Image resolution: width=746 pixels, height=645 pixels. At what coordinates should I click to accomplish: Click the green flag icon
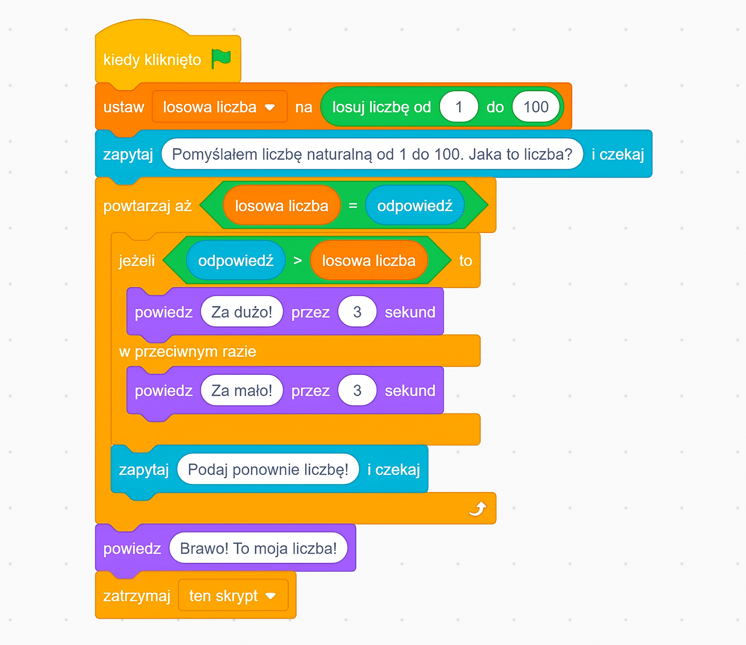(221, 59)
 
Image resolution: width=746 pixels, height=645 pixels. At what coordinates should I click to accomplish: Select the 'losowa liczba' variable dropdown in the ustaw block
(219, 107)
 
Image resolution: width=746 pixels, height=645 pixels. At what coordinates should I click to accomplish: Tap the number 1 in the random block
(459, 107)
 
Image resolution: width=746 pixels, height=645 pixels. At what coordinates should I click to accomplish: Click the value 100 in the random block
(536, 107)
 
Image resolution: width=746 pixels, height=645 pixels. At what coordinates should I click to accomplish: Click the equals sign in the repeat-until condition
(353, 206)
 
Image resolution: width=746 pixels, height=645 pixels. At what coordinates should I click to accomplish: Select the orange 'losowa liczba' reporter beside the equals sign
(282, 206)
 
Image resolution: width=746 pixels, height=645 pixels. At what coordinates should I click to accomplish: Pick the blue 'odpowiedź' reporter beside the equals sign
(414, 206)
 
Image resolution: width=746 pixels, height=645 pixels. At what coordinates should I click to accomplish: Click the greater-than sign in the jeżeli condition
(297, 261)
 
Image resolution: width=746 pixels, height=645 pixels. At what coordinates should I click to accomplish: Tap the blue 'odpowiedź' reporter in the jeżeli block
(235, 261)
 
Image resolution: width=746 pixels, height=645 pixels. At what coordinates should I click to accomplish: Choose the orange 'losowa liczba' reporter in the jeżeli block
(368, 261)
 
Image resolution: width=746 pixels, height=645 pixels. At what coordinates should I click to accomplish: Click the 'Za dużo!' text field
(242, 312)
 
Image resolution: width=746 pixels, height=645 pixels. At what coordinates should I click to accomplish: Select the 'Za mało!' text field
(242, 390)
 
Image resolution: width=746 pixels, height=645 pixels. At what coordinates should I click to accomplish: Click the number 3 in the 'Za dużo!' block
(357, 312)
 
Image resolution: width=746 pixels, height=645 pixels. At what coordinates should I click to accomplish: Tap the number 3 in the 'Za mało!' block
(357, 390)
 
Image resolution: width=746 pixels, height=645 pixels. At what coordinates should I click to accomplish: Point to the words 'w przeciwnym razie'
(187, 351)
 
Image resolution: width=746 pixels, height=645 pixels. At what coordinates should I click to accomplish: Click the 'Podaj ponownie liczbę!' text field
(268, 470)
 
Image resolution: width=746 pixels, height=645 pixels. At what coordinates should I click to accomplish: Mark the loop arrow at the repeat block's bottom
(478, 508)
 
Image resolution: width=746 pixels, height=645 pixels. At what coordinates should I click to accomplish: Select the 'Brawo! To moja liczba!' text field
(258, 548)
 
